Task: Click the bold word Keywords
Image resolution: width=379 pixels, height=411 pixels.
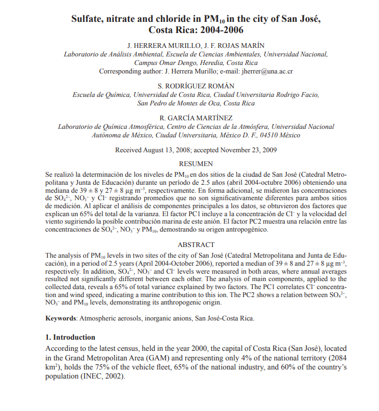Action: click(x=61, y=318)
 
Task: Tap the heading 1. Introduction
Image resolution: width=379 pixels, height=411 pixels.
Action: click(x=70, y=338)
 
